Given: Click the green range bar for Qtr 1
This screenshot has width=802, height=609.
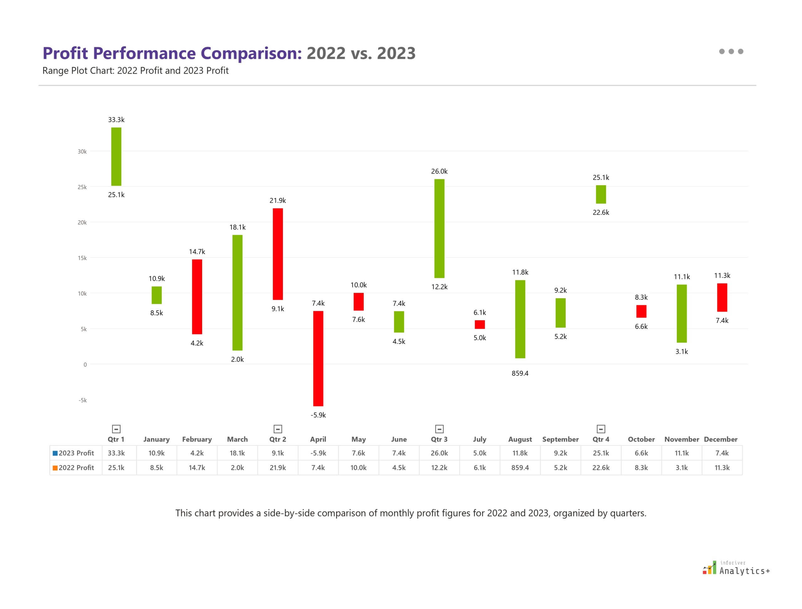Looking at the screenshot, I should point(116,157).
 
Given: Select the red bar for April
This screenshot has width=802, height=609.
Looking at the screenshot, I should point(318,358).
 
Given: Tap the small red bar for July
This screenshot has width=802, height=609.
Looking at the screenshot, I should point(480,324).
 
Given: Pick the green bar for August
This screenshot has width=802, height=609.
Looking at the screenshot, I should point(520,319).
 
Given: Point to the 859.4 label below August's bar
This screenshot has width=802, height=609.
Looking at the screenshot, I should point(520,373).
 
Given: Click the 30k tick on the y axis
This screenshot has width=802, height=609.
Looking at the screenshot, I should point(82,152).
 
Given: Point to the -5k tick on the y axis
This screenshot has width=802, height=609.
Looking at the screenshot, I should point(82,400).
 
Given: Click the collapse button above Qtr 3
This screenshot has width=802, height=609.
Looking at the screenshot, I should point(439,429).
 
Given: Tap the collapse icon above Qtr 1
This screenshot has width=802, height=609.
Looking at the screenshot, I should point(116,429).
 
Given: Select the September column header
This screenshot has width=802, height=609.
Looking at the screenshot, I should point(560,439).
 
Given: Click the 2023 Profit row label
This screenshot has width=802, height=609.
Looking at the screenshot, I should point(76,453).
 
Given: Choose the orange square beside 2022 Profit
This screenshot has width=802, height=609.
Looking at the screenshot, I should point(55,468).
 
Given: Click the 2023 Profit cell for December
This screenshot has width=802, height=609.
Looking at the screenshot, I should point(722,453).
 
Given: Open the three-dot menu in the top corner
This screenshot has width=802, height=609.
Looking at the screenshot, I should point(731,51).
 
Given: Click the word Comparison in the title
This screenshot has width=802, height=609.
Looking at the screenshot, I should point(251,53).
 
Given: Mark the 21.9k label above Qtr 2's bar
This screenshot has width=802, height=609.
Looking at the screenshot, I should point(278,200).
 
